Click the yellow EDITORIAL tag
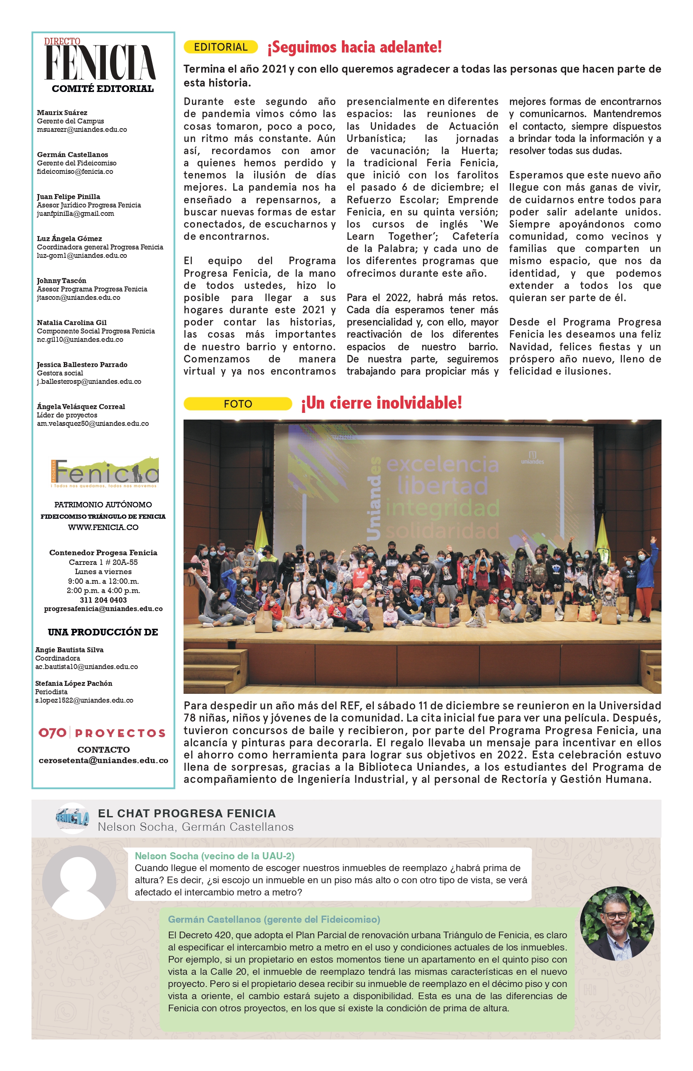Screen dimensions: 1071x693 pyautogui.click(x=220, y=47)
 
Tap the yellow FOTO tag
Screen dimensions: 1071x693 pyautogui.click(x=238, y=404)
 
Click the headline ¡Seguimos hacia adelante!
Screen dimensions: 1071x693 pyautogui.click(x=354, y=47)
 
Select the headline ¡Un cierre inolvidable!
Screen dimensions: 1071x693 pyautogui.click(x=382, y=403)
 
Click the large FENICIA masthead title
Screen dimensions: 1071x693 pyautogui.click(x=100, y=63)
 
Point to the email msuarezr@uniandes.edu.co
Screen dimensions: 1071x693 pyautogui.click(x=82, y=130)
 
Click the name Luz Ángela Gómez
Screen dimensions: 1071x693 pyautogui.click(x=69, y=239)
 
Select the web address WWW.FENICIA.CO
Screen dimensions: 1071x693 pyautogui.click(x=103, y=527)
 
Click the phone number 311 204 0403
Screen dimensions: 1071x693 pyautogui.click(x=103, y=600)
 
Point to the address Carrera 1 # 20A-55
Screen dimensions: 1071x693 pyautogui.click(x=103, y=562)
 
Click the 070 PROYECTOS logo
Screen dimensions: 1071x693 pyautogui.click(x=102, y=733)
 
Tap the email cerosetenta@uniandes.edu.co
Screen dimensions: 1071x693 pyautogui.click(x=103, y=761)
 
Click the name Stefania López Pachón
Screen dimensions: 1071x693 pyautogui.click(x=74, y=683)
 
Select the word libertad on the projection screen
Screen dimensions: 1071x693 pyautogui.click(x=442, y=486)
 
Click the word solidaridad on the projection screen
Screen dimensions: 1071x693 pyautogui.click(x=442, y=531)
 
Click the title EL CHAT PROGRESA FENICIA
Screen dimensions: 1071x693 pyautogui.click(x=187, y=813)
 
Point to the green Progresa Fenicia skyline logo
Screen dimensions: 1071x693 pyautogui.click(x=105, y=472)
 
